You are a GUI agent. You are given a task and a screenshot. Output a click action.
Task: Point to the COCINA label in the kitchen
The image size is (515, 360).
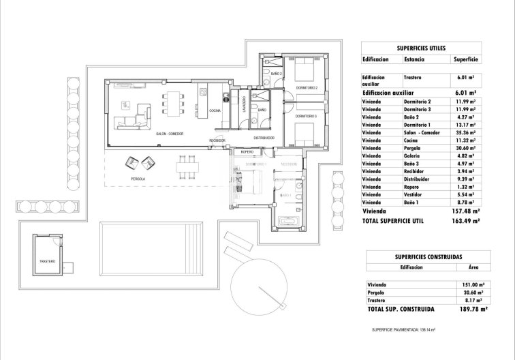(x=215, y=110)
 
